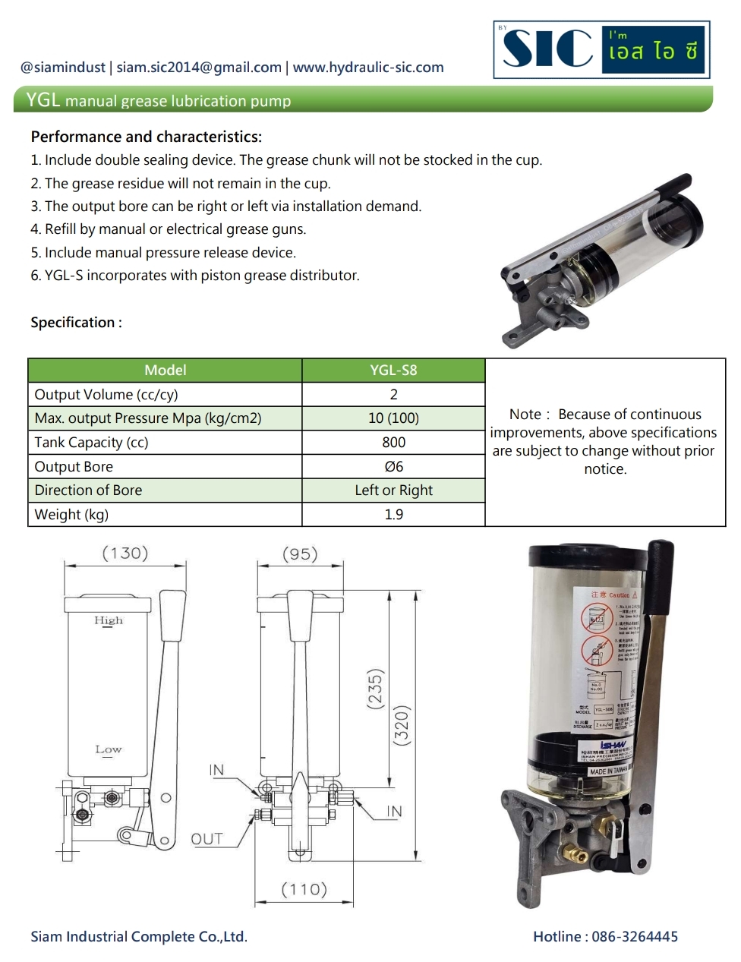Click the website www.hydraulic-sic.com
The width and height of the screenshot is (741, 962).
(x=368, y=68)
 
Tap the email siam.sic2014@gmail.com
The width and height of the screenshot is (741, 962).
(x=199, y=68)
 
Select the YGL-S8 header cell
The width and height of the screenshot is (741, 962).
(x=393, y=371)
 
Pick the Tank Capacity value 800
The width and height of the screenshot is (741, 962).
(x=393, y=443)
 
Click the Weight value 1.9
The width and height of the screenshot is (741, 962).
(x=393, y=515)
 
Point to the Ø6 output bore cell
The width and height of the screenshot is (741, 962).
(x=393, y=467)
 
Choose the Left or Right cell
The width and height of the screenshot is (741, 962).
(x=393, y=490)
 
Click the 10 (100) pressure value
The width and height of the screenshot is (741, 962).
(x=393, y=418)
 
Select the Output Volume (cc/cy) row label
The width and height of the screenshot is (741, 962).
(x=106, y=395)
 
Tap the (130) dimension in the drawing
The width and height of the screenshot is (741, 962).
(x=125, y=554)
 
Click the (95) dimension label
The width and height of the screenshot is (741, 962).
(x=300, y=554)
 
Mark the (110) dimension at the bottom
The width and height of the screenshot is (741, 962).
(x=304, y=889)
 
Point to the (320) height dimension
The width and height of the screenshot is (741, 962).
(x=402, y=725)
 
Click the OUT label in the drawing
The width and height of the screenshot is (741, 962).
(x=207, y=839)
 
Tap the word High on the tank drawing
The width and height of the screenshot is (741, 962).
(x=109, y=620)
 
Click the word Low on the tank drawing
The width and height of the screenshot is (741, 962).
(x=109, y=749)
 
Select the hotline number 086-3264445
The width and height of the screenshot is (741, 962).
(x=635, y=937)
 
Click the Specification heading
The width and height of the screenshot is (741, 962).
(x=76, y=323)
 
